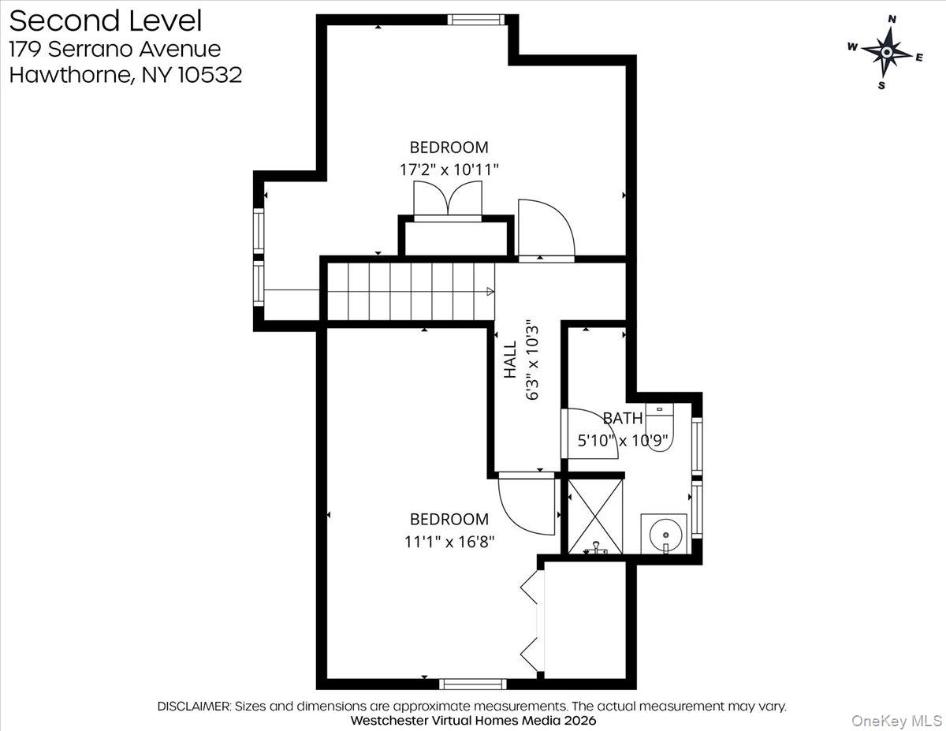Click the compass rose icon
coord(887,52)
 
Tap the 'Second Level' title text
coord(105,21)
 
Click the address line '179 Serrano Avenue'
coord(114,48)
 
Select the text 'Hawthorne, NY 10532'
coord(125,76)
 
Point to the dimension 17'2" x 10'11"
coord(449,169)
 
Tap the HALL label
coord(510,359)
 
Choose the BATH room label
coord(623,418)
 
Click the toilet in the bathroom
coord(659,427)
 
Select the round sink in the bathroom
coord(664,534)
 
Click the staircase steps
coord(410,292)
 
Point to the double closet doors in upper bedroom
coord(448,199)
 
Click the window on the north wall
coord(475,20)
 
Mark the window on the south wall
coord(472,684)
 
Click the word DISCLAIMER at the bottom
coord(194,706)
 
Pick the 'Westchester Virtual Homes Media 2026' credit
coord(473,721)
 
